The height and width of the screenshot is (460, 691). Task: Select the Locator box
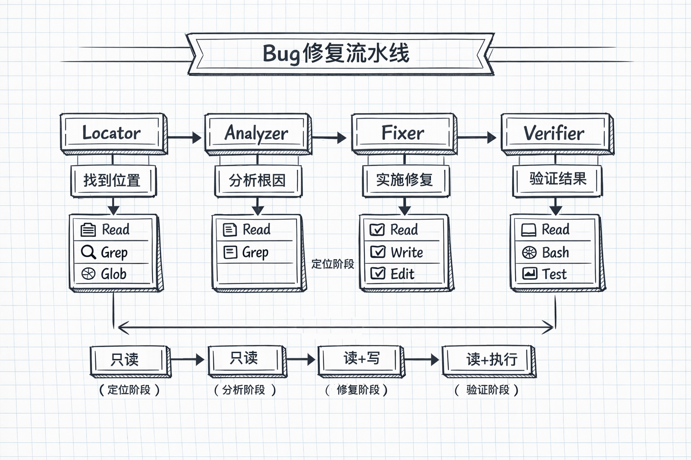point(113,133)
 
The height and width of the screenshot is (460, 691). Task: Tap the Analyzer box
point(257,133)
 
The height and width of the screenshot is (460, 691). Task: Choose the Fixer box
point(404,133)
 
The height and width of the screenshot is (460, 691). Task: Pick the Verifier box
point(556,133)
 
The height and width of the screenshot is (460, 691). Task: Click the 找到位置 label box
point(113,181)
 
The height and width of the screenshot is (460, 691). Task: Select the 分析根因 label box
point(257,181)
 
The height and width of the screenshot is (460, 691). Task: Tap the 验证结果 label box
point(557,180)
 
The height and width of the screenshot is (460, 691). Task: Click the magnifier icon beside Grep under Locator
point(88,252)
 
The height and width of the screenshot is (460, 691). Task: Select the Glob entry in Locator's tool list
point(113,274)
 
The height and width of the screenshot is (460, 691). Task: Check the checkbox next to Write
point(377,252)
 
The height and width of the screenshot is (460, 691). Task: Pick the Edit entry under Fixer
point(402,274)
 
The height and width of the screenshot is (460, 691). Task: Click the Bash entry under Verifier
point(555,252)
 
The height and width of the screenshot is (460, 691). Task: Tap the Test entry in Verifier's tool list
point(554,274)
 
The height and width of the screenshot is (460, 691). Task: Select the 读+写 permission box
point(361,359)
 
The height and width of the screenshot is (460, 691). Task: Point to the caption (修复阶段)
point(357,390)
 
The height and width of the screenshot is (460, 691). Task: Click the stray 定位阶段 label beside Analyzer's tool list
point(332,264)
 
